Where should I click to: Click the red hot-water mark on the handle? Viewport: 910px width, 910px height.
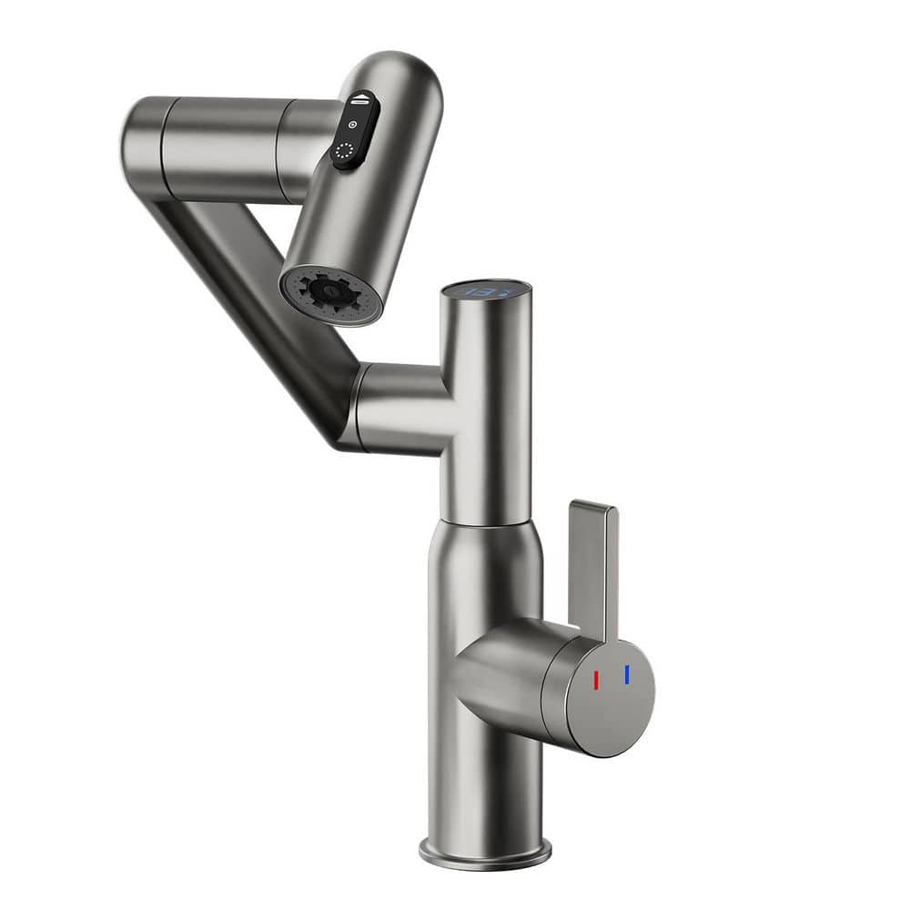coord(597,681)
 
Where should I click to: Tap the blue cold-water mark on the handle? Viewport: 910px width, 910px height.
coord(627,674)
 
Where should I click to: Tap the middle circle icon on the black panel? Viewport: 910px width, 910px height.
coord(351,125)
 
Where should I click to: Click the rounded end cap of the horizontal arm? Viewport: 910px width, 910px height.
coord(136,146)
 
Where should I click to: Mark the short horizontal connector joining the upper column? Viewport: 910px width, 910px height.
coord(400,405)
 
